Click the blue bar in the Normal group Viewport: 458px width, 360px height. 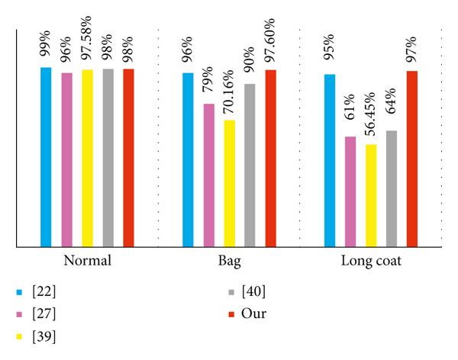[x=46, y=157]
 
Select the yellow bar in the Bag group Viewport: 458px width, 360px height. [x=229, y=183]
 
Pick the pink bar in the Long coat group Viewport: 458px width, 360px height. [x=350, y=191]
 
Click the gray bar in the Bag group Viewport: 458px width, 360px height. [x=250, y=165]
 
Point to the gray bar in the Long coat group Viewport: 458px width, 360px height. [x=392, y=188]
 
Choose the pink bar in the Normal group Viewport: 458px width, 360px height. [x=66, y=159]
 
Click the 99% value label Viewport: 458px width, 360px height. [x=46, y=47]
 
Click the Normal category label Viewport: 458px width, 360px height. [x=87, y=260]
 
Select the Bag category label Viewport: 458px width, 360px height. [x=229, y=260]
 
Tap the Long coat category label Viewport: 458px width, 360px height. [x=372, y=260]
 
